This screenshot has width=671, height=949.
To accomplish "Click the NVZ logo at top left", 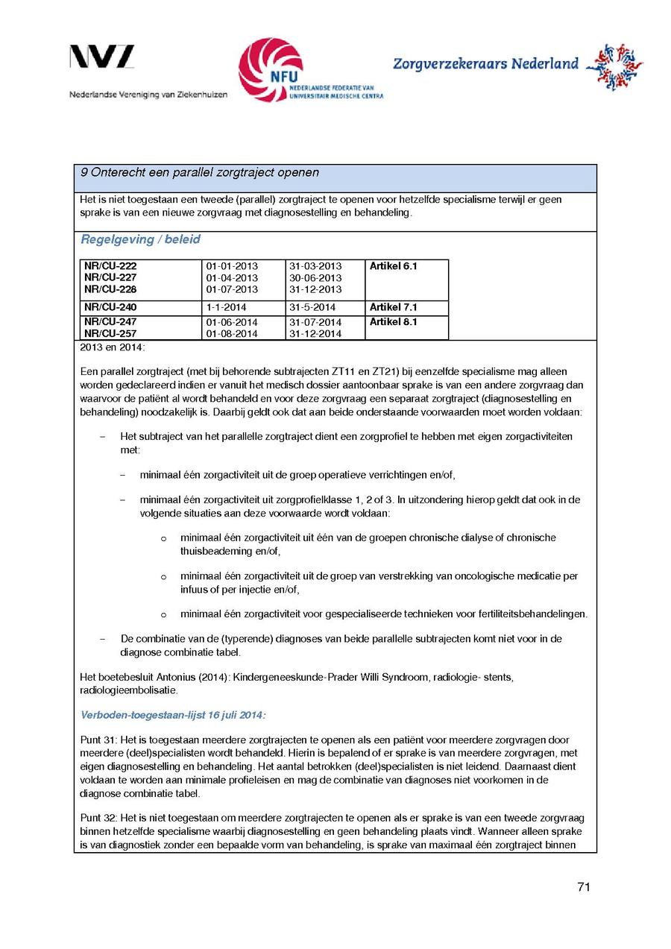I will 102,57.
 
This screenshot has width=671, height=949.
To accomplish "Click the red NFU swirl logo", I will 271,69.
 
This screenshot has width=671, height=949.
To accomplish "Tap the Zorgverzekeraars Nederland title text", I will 485,64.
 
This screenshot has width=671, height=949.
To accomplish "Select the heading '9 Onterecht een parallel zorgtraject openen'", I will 200,173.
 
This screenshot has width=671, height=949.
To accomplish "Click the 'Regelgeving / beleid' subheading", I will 140,240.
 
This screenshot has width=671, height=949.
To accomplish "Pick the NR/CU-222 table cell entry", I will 110,266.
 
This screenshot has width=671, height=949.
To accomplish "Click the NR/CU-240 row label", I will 110,307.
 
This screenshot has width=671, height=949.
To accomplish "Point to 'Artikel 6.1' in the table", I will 393,266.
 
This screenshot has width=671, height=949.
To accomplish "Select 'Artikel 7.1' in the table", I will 393,307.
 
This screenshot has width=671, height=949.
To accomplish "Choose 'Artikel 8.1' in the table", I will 393,322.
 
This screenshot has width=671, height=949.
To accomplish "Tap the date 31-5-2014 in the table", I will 312,307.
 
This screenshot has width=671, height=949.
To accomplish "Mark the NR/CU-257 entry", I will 110,334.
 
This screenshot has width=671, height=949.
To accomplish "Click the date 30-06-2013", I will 315,278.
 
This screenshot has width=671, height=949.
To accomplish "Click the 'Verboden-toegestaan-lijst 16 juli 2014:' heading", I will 173,715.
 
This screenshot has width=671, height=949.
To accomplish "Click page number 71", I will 584,887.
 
